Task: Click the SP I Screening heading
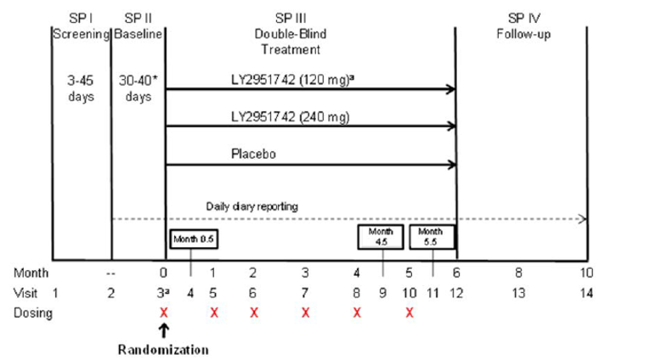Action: (81, 26)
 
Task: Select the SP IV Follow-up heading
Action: (519, 26)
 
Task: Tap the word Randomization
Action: (162, 348)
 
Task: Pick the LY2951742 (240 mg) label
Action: (281, 116)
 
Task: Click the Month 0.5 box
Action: (192, 240)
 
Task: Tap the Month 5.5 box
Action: (432, 236)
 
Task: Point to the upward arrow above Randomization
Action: (164, 330)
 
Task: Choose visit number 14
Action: (585, 293)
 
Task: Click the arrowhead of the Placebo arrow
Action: (451, 165)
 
